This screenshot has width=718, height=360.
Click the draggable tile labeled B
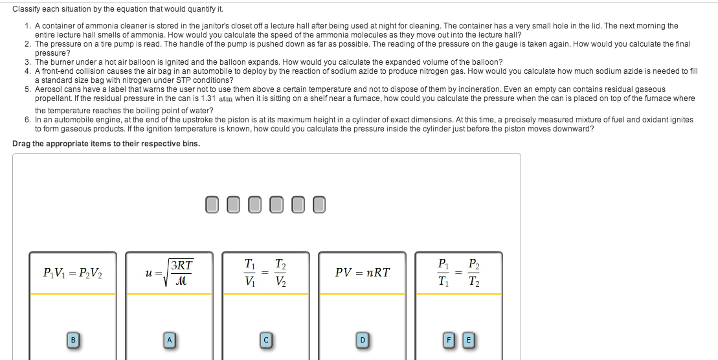coord(73,339)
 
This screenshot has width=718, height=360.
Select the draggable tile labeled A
coord(170,339)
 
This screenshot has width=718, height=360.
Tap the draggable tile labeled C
coord(265,339)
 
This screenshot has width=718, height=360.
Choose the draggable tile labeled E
coord(467,339)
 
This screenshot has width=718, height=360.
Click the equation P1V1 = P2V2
coord(72,273)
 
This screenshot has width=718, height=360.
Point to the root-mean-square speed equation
coord(170,273)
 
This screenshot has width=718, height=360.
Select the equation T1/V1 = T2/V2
coord(265,273)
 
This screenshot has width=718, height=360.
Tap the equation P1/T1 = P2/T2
coord(458,273)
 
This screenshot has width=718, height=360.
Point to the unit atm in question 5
coord(225,99)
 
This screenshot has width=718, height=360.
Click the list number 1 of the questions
coord(27,26)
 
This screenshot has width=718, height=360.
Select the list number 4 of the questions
coord(27,71)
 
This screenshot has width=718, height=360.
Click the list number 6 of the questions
coord(27,120)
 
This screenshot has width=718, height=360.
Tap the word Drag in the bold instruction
coord(21,144)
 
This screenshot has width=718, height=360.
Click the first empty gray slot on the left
coord(212,205)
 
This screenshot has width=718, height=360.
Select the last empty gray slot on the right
coord(319,205)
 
